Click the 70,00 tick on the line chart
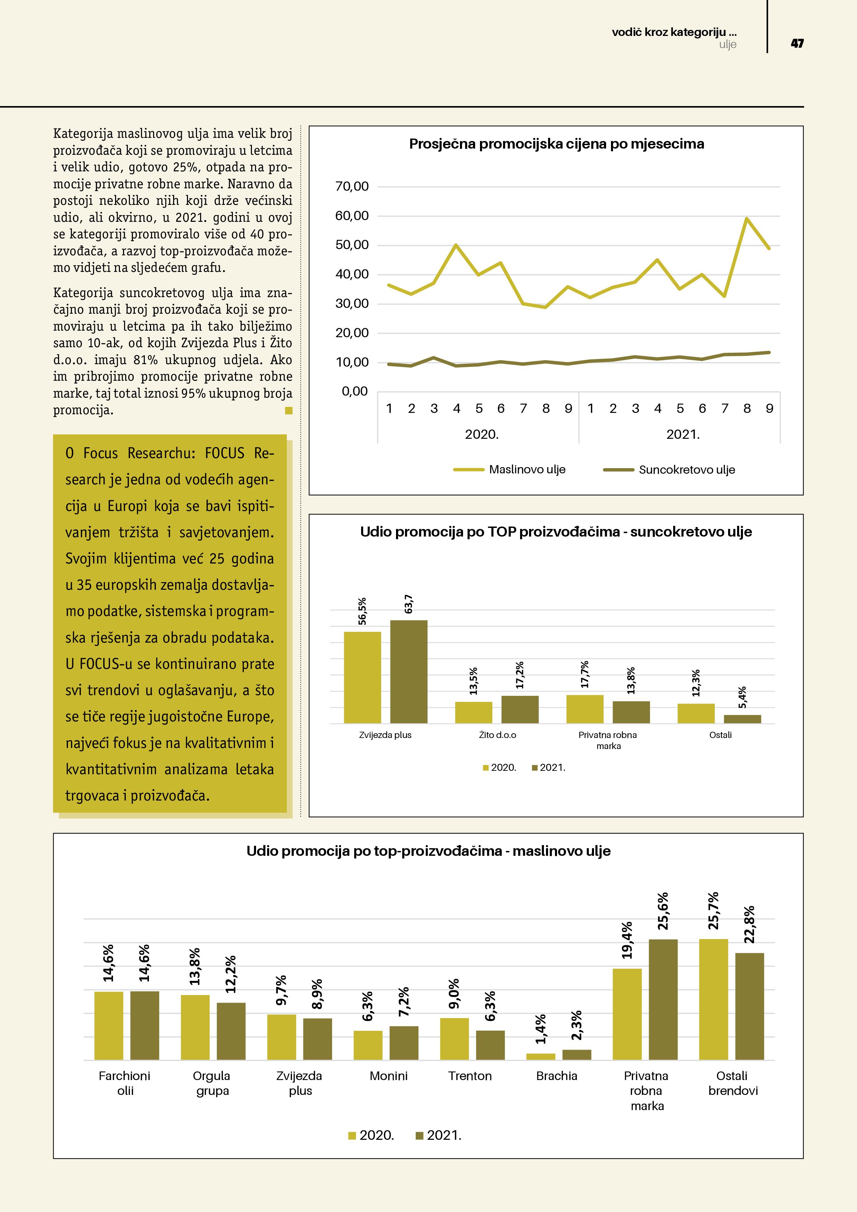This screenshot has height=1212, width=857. coord(352,186)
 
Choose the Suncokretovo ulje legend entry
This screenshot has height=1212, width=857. coord(686,469)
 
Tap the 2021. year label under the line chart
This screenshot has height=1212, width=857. coord(683,434)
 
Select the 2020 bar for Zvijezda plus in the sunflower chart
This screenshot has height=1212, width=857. coord(362,677)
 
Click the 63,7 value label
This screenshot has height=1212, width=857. coord(408,604)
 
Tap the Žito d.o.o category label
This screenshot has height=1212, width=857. coord(497,735)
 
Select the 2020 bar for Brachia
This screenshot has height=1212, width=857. coord(541,1056)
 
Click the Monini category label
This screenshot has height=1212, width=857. coord(389,1076)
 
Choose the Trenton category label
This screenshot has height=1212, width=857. coord(470,1076)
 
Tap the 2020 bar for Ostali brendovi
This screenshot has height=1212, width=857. coord(713,999)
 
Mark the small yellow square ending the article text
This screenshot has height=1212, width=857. coord(288,410)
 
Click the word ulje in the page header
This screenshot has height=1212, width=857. coord(727,44)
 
